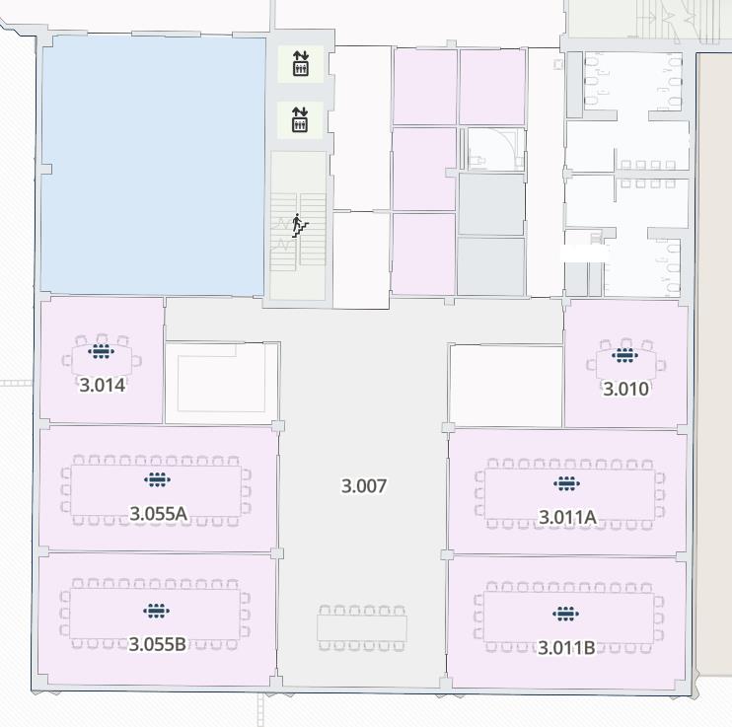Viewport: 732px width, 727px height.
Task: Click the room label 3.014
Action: point(103,385)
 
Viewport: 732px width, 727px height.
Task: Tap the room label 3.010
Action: point(626,389)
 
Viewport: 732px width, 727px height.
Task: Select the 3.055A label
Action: point(158,513)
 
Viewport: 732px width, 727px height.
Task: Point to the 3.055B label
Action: point(158,644)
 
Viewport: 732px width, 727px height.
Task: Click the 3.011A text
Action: point(567,516)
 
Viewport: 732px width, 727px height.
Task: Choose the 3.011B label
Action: point(566,648)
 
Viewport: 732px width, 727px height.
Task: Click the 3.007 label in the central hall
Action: point(364,485)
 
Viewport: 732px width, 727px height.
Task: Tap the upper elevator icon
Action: point(301,65)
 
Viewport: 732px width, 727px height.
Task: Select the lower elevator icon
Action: point(301,120)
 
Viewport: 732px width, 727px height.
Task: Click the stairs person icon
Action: point(300,225)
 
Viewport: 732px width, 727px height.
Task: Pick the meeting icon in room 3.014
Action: point(102,351)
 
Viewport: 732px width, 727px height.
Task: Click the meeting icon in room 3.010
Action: point(625,355)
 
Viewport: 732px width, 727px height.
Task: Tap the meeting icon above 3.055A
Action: point(157,480)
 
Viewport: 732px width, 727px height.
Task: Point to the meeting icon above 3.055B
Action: point(156,612)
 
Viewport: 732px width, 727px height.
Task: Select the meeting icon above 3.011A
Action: point(566,483)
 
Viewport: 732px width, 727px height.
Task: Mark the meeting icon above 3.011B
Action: point(565,615)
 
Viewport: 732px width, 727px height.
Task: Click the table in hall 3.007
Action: point(362,627)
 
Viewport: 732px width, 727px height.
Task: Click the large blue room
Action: point(153,163)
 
